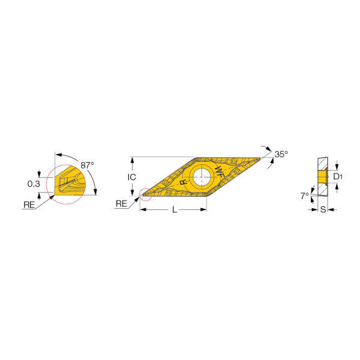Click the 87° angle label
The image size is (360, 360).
coord(87,165)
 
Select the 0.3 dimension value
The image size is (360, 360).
coord(34,184)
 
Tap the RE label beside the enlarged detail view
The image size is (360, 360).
coord(29,205)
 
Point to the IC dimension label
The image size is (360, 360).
coord(132,177)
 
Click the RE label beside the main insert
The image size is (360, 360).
coord(121,203)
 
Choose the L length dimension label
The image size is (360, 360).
coord(175,209)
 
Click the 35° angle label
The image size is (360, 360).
coord(281,154)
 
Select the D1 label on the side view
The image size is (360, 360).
coord(338,176)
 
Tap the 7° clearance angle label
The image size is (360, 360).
coord(305,196)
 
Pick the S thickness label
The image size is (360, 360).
coord(323,209)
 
